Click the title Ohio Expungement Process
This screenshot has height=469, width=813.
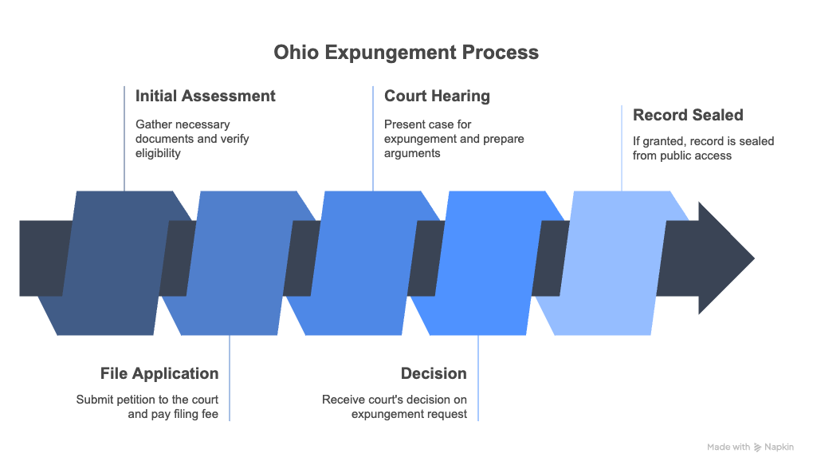(x=406, y=53)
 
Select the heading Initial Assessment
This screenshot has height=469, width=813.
(x=206, y=96)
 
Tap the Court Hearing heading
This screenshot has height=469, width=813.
(x=437, y=97)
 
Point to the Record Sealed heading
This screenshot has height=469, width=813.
(x=688, y=115)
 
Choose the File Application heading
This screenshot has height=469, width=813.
(x=159, y=373)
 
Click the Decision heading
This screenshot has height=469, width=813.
(x=434, y=373)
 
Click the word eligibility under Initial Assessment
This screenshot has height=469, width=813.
(x=158, y=154)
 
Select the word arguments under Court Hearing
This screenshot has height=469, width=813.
(x=412, y=154)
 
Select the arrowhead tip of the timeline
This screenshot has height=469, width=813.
(x=754, y=258)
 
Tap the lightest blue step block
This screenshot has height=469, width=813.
(x=612, y=263)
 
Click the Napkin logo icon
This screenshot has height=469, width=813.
(x=757, y=447)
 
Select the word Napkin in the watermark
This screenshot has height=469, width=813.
(x=779, y=447)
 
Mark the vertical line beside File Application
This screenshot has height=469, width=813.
(x=230, y=378)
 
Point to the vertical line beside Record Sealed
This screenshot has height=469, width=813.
(x=622, y=148)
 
